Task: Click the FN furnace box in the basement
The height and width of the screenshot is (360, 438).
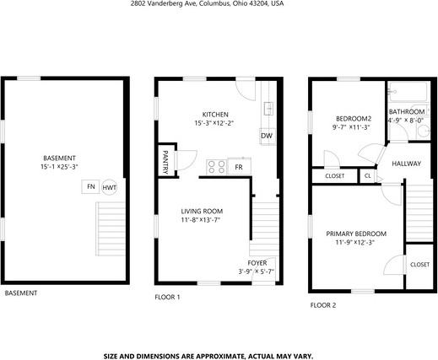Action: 90,186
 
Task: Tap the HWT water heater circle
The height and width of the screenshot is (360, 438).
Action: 110,187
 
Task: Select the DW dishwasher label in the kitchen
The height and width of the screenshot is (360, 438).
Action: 266,136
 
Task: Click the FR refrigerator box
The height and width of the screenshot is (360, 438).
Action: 239,167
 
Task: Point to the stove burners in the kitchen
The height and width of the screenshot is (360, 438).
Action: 215,167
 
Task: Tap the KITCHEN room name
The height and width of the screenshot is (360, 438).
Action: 214,115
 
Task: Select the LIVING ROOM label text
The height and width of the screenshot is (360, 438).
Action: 202,211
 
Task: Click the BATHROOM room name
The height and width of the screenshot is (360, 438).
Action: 406,111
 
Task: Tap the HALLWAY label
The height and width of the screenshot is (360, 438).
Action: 406,163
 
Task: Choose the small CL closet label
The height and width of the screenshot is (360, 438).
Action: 368,176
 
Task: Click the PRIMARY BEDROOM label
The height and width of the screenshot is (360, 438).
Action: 356,234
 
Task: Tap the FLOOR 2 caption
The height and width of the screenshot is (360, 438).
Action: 322,304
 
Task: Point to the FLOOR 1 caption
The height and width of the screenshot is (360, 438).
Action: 167,297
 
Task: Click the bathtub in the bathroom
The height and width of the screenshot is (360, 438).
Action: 409,92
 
